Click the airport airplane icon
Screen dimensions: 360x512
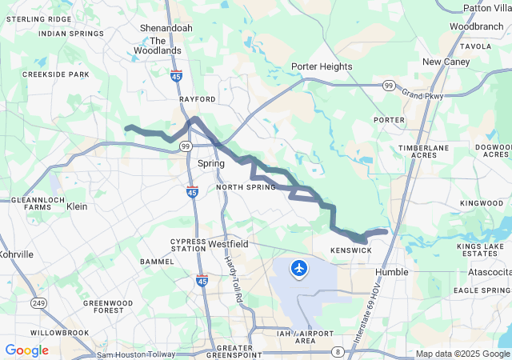(300, 267)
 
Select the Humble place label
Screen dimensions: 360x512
(392, 272)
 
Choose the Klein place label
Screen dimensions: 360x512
(77, 206)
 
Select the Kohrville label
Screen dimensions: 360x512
(16, 254)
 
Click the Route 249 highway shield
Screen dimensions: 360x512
(38, 302)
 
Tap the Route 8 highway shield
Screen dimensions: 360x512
(338, 352)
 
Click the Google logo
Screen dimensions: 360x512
(27, 350)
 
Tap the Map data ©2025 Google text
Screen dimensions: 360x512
(462, 354)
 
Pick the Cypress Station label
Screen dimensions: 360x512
(188, 244)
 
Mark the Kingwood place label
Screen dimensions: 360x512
(482, 203)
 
